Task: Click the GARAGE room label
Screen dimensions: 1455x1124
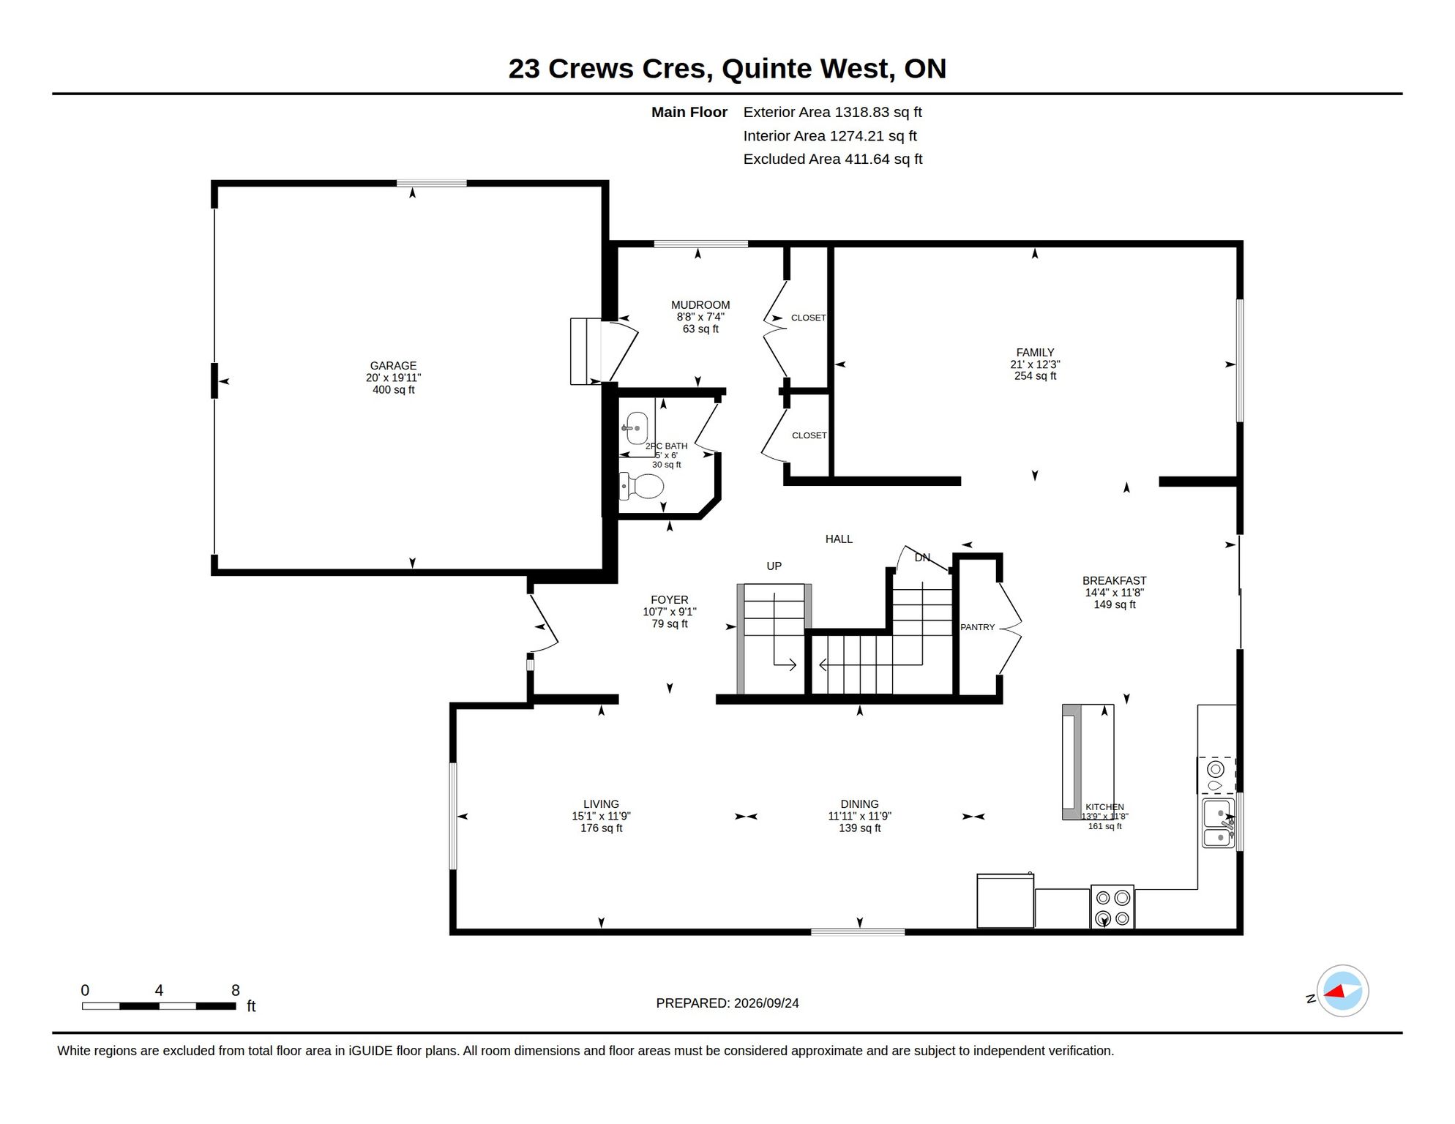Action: [x=393, y=366]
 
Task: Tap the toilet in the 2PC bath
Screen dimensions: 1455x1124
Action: [x=642, y=486]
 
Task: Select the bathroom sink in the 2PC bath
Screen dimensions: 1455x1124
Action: [x=635, y=428]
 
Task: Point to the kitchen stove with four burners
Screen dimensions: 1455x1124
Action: [x=1112, y=907]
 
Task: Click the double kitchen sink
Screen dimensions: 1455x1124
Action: [x=1219, y=824]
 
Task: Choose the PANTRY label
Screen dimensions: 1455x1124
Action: [x=978, y=627]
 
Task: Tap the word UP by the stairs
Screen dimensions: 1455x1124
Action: [x=774, y=566]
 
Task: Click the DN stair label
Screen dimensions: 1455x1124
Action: [x=922, y=558]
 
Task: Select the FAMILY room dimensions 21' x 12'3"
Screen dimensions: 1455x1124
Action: [x=1035, y=364]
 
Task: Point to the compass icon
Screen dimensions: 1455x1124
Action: [x=1342, y=992]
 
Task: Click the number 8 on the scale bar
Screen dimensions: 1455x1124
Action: [x=236, y=991]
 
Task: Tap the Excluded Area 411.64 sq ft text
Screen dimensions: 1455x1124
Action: [x=833, y=160]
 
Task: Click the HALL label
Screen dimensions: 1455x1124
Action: [x=839, y=539]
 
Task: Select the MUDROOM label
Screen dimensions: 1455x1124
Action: [x=700, y=305]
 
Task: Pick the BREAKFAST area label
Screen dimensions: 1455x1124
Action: [x=1115, y=581]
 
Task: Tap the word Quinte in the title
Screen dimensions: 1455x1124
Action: [x=766, y=69]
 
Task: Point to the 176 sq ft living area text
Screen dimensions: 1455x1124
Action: [x=601, y=828]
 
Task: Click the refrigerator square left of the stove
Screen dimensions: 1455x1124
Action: [x=1006, y=901]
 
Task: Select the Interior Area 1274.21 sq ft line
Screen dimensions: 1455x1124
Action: [x=830, y=136]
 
